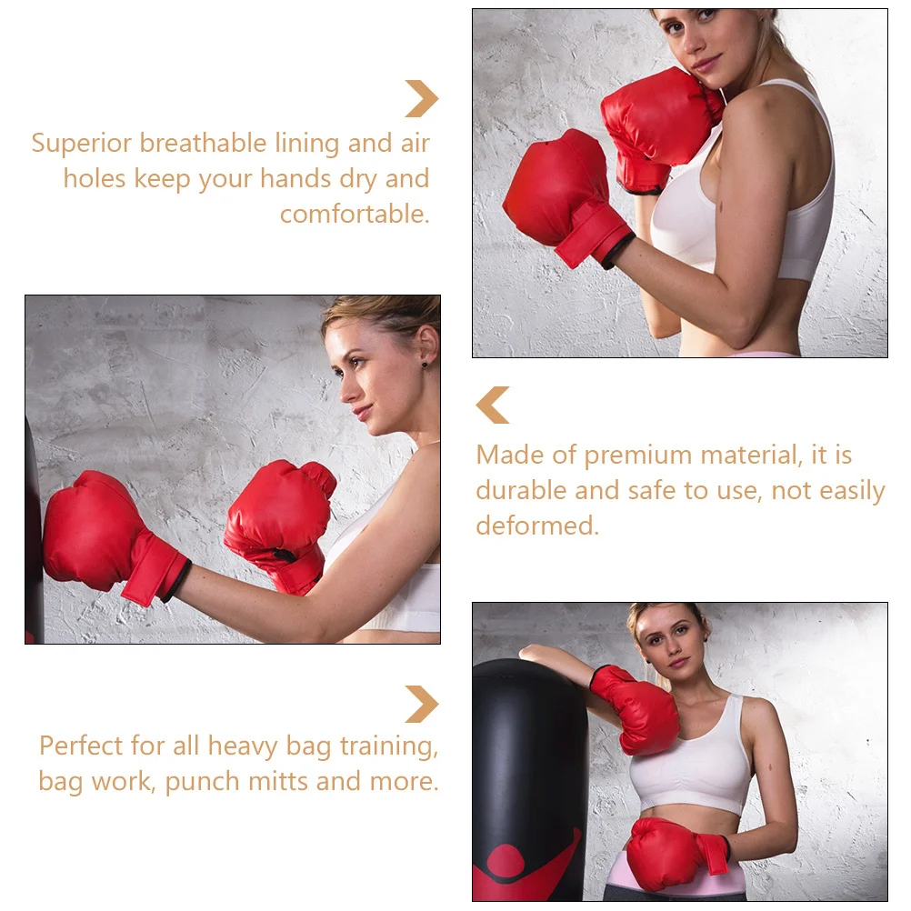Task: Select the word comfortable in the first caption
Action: pos(354,215)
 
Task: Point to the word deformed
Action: pos(536,526)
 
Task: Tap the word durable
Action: pos(522,491)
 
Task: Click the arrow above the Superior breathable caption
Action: pos(421,99)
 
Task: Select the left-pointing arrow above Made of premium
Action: pos(493,405)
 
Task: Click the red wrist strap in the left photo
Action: pos(155,569)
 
